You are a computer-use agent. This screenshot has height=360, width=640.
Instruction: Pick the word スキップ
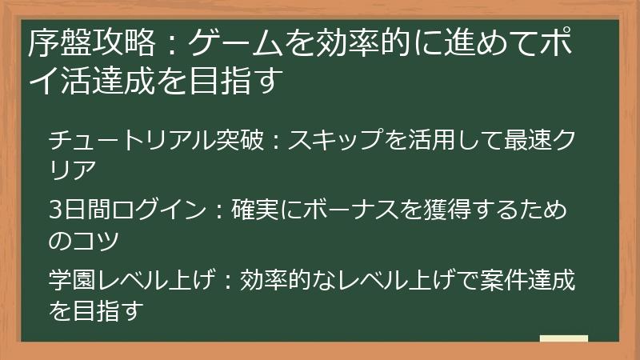[330, 142]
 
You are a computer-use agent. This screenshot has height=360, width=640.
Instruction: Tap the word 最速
[512, 142]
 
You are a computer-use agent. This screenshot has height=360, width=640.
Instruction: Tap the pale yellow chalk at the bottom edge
[563, 338]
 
